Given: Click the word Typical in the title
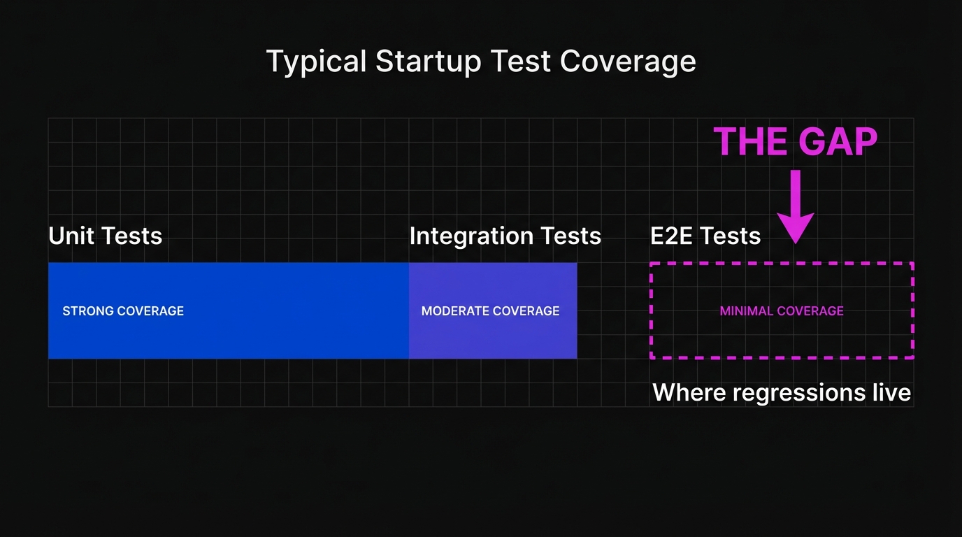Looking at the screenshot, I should (316, 62).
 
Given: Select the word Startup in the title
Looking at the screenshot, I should (428, 62).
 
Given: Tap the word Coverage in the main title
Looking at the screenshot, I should (628, 62).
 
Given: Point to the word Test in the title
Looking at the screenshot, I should (521, 62).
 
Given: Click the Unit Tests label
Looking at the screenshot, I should (105, 236).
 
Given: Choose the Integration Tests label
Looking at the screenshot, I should (505, 236).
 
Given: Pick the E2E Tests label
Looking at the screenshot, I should (705, 236).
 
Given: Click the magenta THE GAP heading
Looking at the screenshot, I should (796, 142).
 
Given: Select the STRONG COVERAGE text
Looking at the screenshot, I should (123, 311).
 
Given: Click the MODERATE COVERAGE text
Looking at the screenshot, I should (490, 311).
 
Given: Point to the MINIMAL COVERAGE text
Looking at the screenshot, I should (782, 311).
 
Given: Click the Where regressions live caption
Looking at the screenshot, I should (782, 393).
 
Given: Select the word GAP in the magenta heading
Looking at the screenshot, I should (839, 142).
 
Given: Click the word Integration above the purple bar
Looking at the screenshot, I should (464, 236).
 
